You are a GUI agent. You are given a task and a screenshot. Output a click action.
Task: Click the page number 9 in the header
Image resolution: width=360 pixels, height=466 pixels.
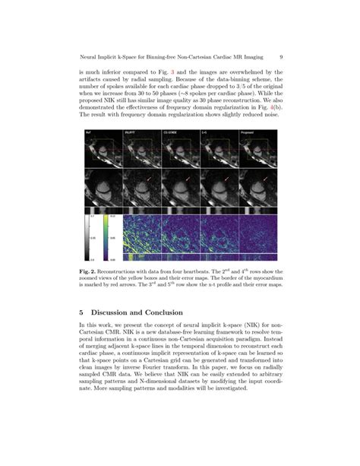point(282,55)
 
